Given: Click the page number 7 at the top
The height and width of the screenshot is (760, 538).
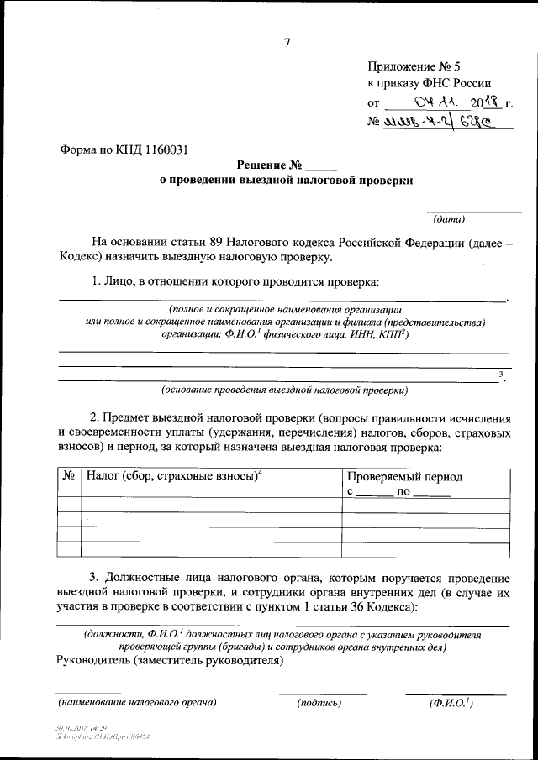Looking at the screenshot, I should [287, 44].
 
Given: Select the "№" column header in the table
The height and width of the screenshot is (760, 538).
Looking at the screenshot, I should [68, 476].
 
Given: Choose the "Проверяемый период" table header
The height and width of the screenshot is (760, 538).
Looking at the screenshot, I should [404, 476].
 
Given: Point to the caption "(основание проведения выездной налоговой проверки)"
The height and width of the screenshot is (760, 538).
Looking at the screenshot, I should [284, 390].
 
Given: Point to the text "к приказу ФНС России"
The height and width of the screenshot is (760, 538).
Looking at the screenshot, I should [426, 84].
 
